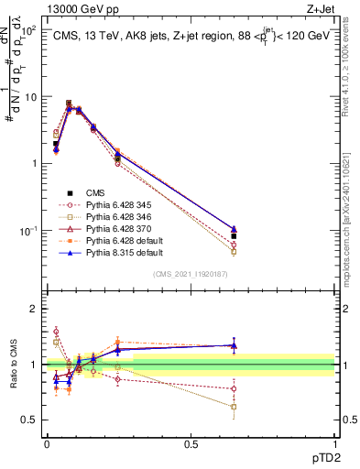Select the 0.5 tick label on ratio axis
(30, 420)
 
